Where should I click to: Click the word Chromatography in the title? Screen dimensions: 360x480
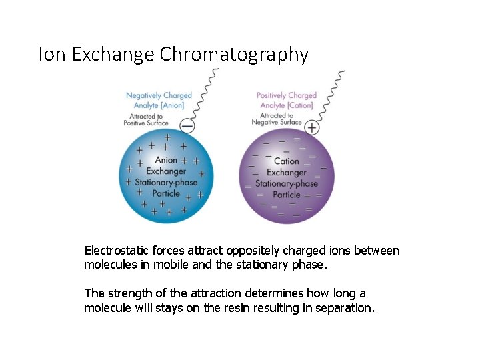pos(234,54)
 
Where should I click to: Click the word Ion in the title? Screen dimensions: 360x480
pos(53,54)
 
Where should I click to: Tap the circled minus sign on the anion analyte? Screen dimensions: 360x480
pos(188,125)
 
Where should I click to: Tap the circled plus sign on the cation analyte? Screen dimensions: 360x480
pos(311,127)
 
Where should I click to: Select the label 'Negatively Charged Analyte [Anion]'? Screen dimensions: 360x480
pos(159,100)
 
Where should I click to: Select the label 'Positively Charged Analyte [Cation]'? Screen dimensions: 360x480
pos(287,100)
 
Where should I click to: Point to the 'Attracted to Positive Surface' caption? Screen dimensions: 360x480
pos(145,119)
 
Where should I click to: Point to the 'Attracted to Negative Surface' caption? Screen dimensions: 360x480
pos(277,119)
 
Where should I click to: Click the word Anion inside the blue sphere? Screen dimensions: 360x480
pos(166,160)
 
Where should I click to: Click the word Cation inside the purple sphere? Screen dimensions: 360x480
pos(287,161)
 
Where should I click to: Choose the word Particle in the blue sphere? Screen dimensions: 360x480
pos(166,194)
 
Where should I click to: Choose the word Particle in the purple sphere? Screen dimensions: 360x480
pos(287,195)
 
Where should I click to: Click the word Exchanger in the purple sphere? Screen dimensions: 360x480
pos(287,173)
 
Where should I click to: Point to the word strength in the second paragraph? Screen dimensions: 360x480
pos(127,293)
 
